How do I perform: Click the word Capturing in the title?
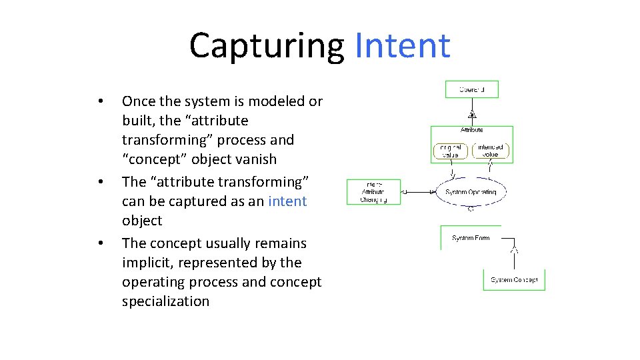265,45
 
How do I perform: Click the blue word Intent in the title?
403,45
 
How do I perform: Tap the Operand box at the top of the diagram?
471,89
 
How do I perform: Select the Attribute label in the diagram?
471,130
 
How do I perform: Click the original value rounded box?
450,151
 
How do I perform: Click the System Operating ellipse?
471,192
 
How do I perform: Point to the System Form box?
471,238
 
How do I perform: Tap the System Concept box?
513,280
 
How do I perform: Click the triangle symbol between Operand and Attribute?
472,114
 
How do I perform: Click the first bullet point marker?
99,102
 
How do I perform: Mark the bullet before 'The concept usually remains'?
99,243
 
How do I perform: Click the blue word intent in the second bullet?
287,201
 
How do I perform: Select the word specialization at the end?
165,301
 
